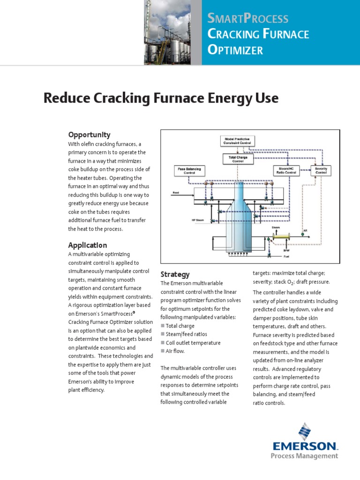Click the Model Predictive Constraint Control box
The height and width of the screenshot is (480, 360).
[x=238, y=141]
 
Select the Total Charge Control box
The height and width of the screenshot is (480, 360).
[x=238, y=159]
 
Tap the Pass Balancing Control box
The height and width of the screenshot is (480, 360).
[x=189, y=171]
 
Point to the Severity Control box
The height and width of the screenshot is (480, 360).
[x=321, y=171]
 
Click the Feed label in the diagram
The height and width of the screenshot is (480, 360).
[x=176, y=193]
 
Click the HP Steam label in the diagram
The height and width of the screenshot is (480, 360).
[x=198, y=219]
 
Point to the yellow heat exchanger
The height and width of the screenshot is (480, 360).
[x=282, y=237]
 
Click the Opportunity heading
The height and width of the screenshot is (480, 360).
[x=90, y=135]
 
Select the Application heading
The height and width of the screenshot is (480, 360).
[x=88, y=245]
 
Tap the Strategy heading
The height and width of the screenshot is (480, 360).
[x=175, y=274]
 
